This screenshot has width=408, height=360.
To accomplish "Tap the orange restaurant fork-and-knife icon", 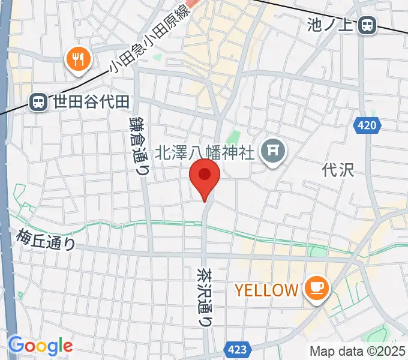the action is tap(78, 59).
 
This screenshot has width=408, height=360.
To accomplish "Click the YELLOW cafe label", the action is tap(266, 290).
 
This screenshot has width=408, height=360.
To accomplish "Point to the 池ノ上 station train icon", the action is tap(368, 25).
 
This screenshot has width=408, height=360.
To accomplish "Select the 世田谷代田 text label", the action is tap(90, 102).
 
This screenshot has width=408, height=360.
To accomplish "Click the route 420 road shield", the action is tap(369, 125).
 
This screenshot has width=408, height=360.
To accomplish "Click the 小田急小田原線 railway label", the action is tap(149, 41).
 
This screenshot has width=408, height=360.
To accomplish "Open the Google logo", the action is tap(40, 346).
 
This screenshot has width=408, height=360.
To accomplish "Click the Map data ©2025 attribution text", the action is tap(358, 351).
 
